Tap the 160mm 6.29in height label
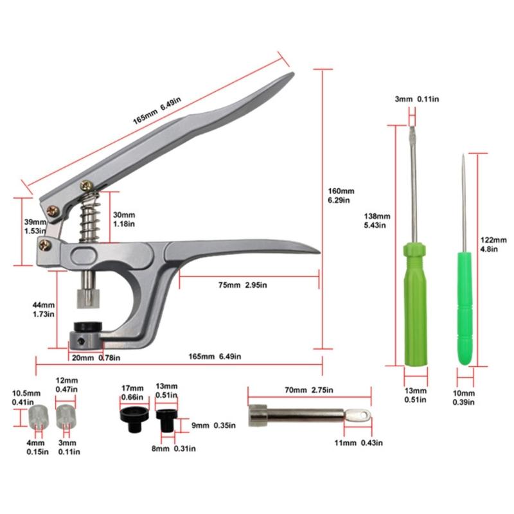tap(341, 196)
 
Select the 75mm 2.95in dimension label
tap(243, 285)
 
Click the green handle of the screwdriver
tap(416, 304)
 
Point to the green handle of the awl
tap(465, 308)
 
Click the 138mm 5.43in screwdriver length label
tap(377, 220)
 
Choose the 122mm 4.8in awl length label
tap(493, 245)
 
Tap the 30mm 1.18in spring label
tap(124, 219)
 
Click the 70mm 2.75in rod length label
tap(309, 390)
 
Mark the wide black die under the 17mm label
tap(134, 420)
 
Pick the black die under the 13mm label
tap(167, 421)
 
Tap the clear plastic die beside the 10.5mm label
tap(38, 417)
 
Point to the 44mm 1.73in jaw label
tap(43, 310)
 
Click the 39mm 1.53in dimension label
tap(35, 226)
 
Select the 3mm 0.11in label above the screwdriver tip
tap(416, 99)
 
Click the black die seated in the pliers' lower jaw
tap(88, 327)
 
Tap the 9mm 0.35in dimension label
tap(213, 425)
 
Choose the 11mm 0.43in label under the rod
tap(359, 443)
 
